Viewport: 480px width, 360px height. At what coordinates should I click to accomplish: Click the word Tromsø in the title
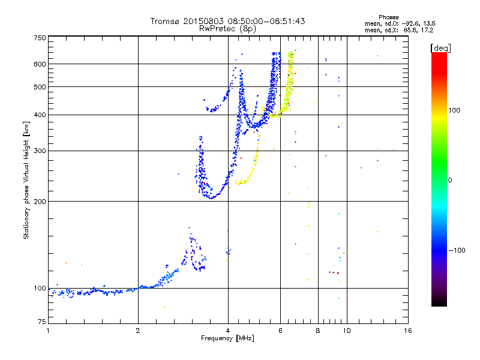tap(167, 21)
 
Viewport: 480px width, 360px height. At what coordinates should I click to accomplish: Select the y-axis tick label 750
tap(40, 38)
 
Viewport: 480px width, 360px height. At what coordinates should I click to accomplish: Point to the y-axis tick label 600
tap(40, 64)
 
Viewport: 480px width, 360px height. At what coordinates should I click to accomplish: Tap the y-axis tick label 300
tap(40, 151)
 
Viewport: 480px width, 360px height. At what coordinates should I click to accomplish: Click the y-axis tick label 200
tap(40, 202)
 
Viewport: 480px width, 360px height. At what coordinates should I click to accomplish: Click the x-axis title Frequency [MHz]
tap(228, 339)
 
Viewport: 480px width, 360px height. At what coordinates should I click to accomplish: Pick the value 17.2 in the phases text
tap(426, 29)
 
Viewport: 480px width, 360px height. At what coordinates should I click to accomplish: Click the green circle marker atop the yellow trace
tap(291, 55)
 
